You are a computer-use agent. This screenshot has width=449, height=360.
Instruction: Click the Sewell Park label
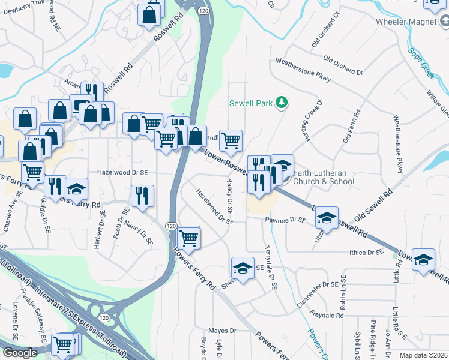251,103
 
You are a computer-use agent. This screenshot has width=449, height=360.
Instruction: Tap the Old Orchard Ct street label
325,39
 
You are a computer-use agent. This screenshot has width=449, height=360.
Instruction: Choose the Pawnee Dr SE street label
285,220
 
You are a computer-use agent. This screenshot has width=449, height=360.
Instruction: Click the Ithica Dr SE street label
366,253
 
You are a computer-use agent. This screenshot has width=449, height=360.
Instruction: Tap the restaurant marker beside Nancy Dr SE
142,195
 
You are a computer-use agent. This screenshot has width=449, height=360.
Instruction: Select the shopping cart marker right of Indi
231,140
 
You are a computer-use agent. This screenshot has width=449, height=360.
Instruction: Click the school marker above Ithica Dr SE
327,217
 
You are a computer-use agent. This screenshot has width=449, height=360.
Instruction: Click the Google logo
20,353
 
